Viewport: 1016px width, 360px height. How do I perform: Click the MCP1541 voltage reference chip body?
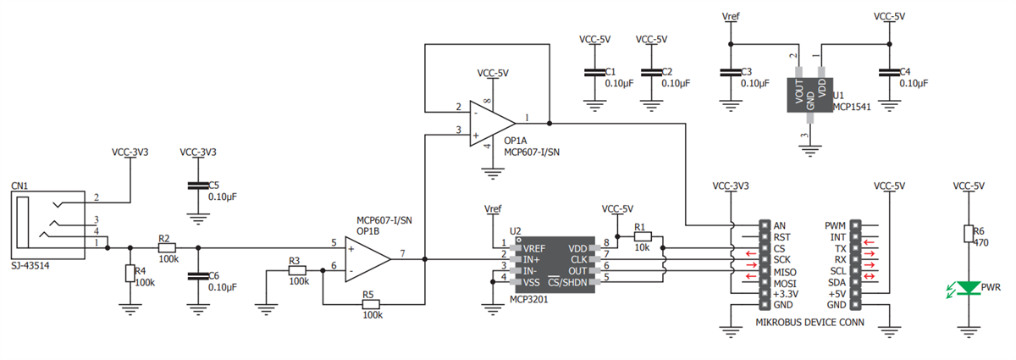809,94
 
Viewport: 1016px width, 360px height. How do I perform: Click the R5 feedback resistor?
368,304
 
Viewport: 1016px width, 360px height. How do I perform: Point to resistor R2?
165,248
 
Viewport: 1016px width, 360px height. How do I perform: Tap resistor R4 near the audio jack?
129,274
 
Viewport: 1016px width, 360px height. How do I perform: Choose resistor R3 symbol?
296,270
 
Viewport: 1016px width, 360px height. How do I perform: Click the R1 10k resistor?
641,237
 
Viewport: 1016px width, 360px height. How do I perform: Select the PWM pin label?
835,225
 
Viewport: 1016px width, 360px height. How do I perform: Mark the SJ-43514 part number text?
31,265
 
